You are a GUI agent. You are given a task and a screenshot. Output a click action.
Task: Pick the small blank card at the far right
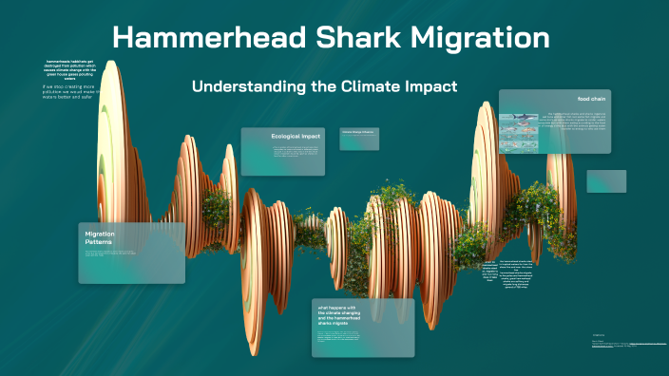pos(606,181)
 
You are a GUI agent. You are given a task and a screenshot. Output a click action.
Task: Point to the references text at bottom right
pos(627,344)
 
